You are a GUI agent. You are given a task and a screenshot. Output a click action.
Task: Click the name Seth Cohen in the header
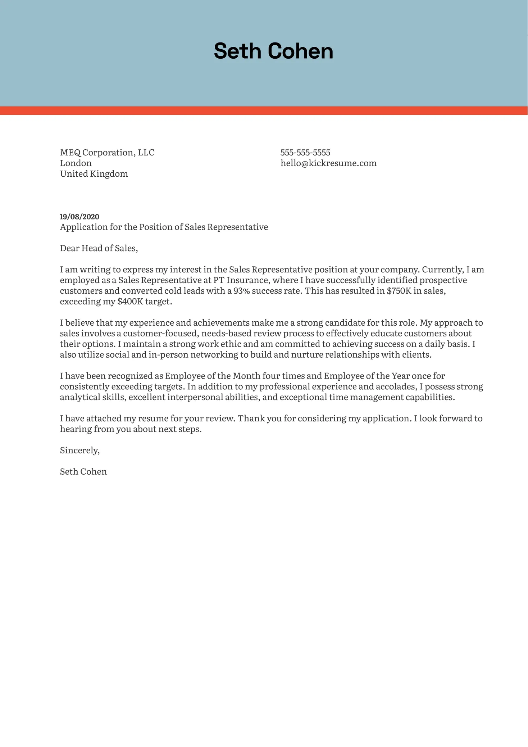point(273,51)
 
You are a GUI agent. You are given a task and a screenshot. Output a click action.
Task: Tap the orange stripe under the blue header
point(264,110)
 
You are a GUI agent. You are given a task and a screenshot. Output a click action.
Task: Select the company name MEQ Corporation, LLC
point(107,153)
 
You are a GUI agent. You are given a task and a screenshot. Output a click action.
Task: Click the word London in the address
point(76,163)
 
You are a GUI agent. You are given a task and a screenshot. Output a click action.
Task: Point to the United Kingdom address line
point(94,174)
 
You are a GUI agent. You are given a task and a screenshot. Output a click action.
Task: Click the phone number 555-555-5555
point(305,153)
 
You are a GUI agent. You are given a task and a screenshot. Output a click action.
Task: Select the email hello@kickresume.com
point(328,163)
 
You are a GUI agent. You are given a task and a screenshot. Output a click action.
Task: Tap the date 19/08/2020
point(79,217)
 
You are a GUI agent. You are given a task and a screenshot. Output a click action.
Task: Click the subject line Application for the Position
point(164,227)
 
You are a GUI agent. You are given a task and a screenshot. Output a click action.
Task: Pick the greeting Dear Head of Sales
point(99,248)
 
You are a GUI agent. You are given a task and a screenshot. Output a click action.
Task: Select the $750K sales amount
point(399,291)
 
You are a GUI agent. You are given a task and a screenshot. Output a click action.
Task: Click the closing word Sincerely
point(79,451)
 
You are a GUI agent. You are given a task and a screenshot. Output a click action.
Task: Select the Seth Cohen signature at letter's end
point(83,472)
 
